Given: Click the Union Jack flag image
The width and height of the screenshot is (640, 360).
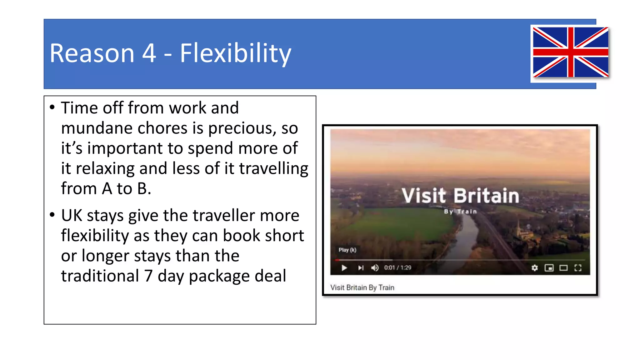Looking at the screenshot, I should [x=570, y=52].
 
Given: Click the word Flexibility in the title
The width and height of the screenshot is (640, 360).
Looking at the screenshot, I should [x=235, y=53].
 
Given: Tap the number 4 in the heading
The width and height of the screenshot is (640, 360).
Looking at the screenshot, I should [x=149, y=53].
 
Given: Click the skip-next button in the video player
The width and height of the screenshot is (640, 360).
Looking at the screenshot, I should [x=361, y=268].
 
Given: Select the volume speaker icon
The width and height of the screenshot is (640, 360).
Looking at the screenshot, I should [x=375, y=268].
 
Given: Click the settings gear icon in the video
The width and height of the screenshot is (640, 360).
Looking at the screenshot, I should [x=535, y=268].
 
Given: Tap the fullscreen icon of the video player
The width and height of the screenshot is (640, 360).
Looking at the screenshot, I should [x=578, y=268].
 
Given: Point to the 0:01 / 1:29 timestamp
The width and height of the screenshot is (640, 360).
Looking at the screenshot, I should [x=397, y=268].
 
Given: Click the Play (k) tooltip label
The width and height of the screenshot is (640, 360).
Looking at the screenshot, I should [x=347, y=250].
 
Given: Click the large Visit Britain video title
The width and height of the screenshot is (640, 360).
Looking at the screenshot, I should [x=460, y=196].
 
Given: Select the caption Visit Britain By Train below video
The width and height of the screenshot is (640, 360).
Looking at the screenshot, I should [x=362, y=287].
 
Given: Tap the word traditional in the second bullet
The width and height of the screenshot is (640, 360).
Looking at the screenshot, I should [x=100, y=276].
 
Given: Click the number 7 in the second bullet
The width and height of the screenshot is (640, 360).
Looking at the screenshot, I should [x=148, y=276].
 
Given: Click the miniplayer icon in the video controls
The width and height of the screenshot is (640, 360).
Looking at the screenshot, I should [x=549, y=268].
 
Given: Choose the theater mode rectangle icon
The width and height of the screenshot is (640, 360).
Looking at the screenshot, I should [x=563, y=268].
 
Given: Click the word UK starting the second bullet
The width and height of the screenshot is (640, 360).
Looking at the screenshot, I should [x=71, y=216].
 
